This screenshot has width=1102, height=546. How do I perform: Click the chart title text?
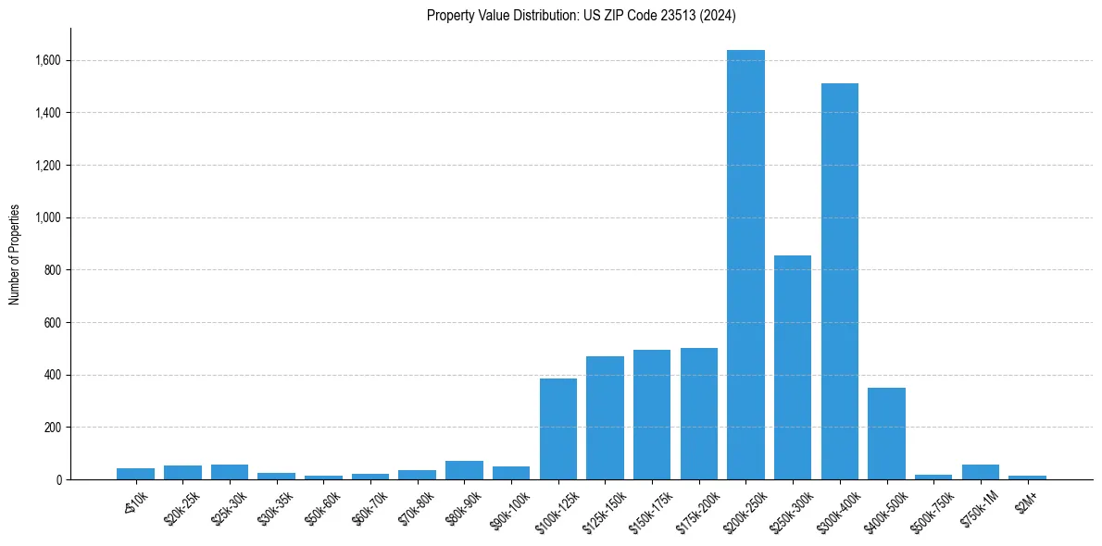click(582, 15)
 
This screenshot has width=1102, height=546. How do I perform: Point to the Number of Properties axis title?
click(15, 254)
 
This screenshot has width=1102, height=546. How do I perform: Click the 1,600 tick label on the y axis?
click(46, 61)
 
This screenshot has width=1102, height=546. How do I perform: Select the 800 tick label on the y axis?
click(51, 270)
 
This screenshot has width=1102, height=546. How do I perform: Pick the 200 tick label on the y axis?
click(51, 428)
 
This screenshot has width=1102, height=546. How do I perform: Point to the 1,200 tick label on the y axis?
click(46, 166)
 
